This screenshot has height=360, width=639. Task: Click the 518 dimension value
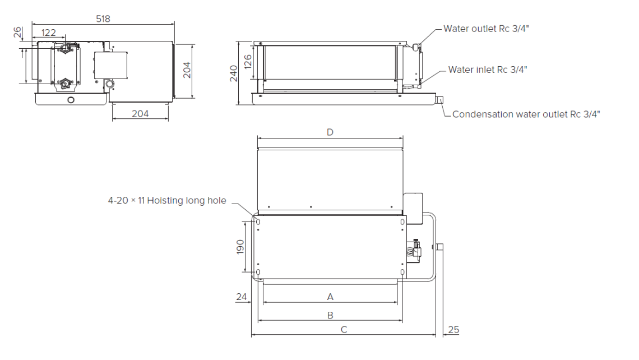[103, 19]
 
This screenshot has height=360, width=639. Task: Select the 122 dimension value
[49, 33]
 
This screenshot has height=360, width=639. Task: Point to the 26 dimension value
[17, 33]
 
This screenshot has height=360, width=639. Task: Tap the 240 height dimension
[234, 73]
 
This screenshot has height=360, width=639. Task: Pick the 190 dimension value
[240, 247]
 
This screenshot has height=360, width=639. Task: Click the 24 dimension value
[242, 297]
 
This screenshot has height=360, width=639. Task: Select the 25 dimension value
[453, 330]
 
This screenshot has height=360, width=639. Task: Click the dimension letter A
[330, 296]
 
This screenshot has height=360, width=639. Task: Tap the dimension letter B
[330, 315]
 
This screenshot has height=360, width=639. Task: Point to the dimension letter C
[344, 330]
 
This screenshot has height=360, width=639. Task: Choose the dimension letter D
[330, 132]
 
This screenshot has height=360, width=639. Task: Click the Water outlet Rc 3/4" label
[486, 29]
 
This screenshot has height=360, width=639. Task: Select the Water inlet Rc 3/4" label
[488, 70]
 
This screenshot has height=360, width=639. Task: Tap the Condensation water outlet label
[526, 114]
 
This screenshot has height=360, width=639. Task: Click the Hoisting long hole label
[167, 200]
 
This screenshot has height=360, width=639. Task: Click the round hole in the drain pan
[71, 100]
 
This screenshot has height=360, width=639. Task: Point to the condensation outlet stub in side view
[439, 100]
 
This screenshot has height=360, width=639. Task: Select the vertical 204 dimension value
[187, 70]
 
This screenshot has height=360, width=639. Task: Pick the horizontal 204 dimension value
[140, 113]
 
